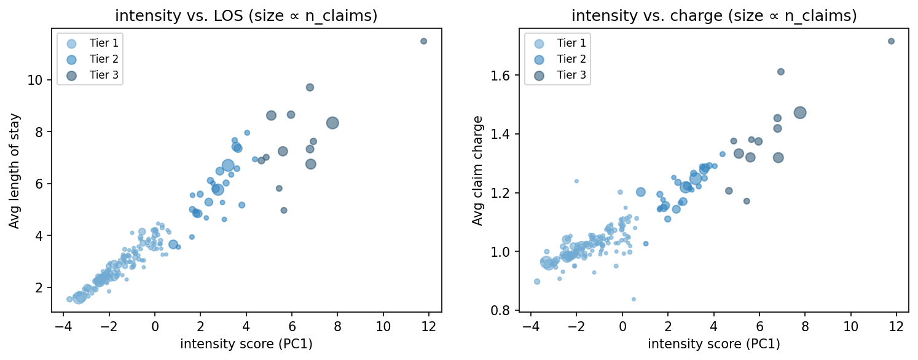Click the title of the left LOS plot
click(246, 16)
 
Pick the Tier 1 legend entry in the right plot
click(557, 42)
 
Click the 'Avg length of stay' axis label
click(14, 170)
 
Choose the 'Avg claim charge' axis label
click(477, 170)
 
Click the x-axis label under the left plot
click(246, 344)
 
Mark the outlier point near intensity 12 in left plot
click(423, 41)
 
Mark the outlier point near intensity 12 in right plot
click(891, 41)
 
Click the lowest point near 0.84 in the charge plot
click(634, 299)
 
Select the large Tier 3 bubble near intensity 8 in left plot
click(332, 123)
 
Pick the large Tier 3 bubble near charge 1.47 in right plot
click(800, 112)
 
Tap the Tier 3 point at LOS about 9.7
click(310, 87)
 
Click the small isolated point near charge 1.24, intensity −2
click(576, 181)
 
